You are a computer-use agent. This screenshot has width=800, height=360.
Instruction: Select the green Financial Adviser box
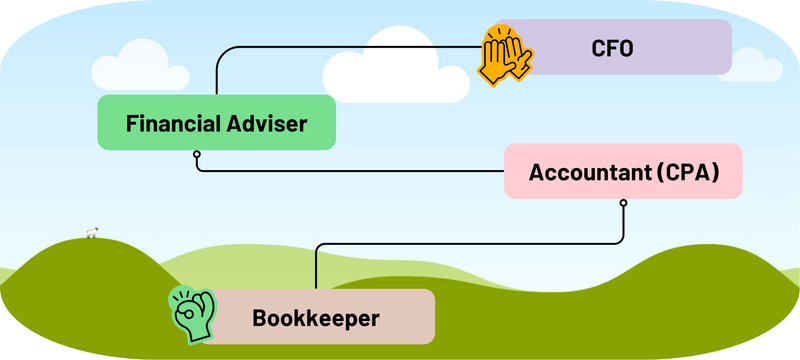[x=216, y=123]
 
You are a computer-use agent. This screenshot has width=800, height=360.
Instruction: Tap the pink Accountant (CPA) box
[x=624, y=170]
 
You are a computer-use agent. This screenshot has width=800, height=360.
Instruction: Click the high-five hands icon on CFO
[x=507, y=55]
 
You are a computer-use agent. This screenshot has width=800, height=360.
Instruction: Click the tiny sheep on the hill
[x=93, y=232]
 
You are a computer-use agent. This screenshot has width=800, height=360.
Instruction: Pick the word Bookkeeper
[x=316, y=319]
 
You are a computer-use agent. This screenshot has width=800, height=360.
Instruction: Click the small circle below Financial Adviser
[x=197, y=154]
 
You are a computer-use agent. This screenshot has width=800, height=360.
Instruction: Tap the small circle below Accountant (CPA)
[x=623, y=203]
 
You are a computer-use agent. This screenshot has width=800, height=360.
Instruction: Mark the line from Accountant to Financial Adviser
[x=350, y=171]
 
